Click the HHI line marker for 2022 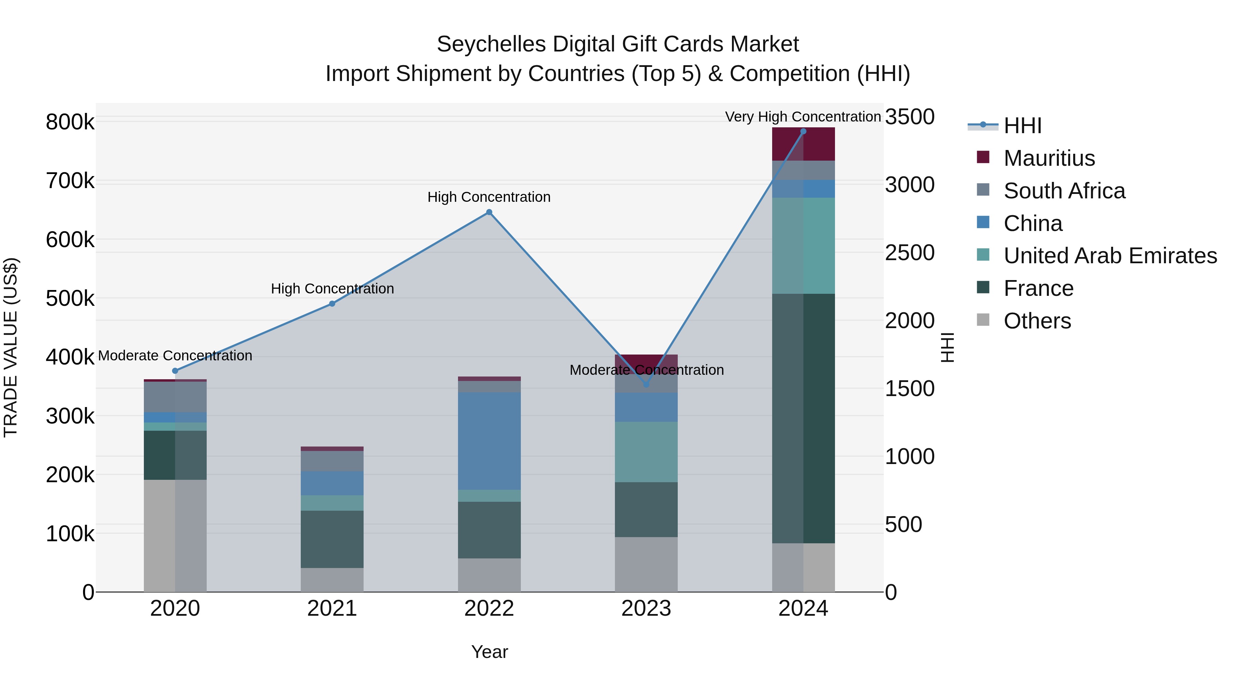click(x=489, y=212)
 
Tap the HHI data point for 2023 click(x=646, y=384)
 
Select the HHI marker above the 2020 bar click(x=175, y=371)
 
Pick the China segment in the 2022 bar click(x=489, y=440)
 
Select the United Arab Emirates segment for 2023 click(x=646, y=451)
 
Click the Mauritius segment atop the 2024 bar click(x=803, y=144)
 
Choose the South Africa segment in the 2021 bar click(x=332, y=461)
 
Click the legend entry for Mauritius click(x=1049, y=158)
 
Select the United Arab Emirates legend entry click(x=1110, y=256)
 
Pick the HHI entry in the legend click(x=1022, y=126)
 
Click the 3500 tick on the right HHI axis click(x=909, y=117)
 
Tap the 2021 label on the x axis click(x=332, y=609)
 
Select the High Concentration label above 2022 click(x=489, y=197)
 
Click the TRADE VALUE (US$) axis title click(x=11, y=347)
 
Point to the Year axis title click(x=489, y=652)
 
